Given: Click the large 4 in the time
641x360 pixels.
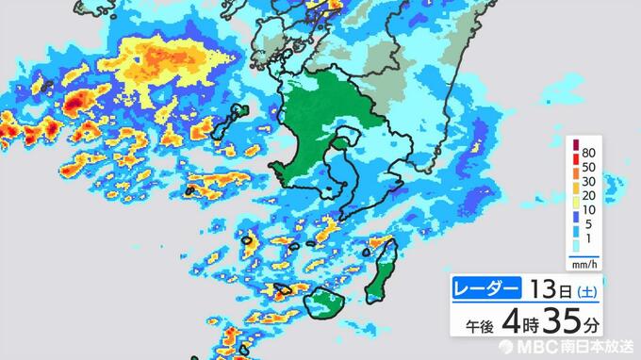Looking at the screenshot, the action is (510, 322).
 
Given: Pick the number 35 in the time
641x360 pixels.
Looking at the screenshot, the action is (557, 322).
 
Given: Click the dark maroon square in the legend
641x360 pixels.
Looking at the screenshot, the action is (574, 145).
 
